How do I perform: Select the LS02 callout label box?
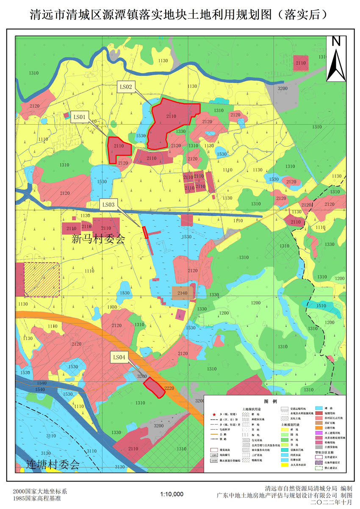pos(126,87)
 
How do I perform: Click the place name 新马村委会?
pos(98,239)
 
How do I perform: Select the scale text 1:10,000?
pos(172,494)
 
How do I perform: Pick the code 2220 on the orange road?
pos(169,388)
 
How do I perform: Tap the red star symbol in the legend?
pos(214,413)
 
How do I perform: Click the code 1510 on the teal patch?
pos(321,306)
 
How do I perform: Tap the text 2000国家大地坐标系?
pos(40,492)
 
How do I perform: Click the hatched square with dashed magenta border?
pos(42,280)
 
